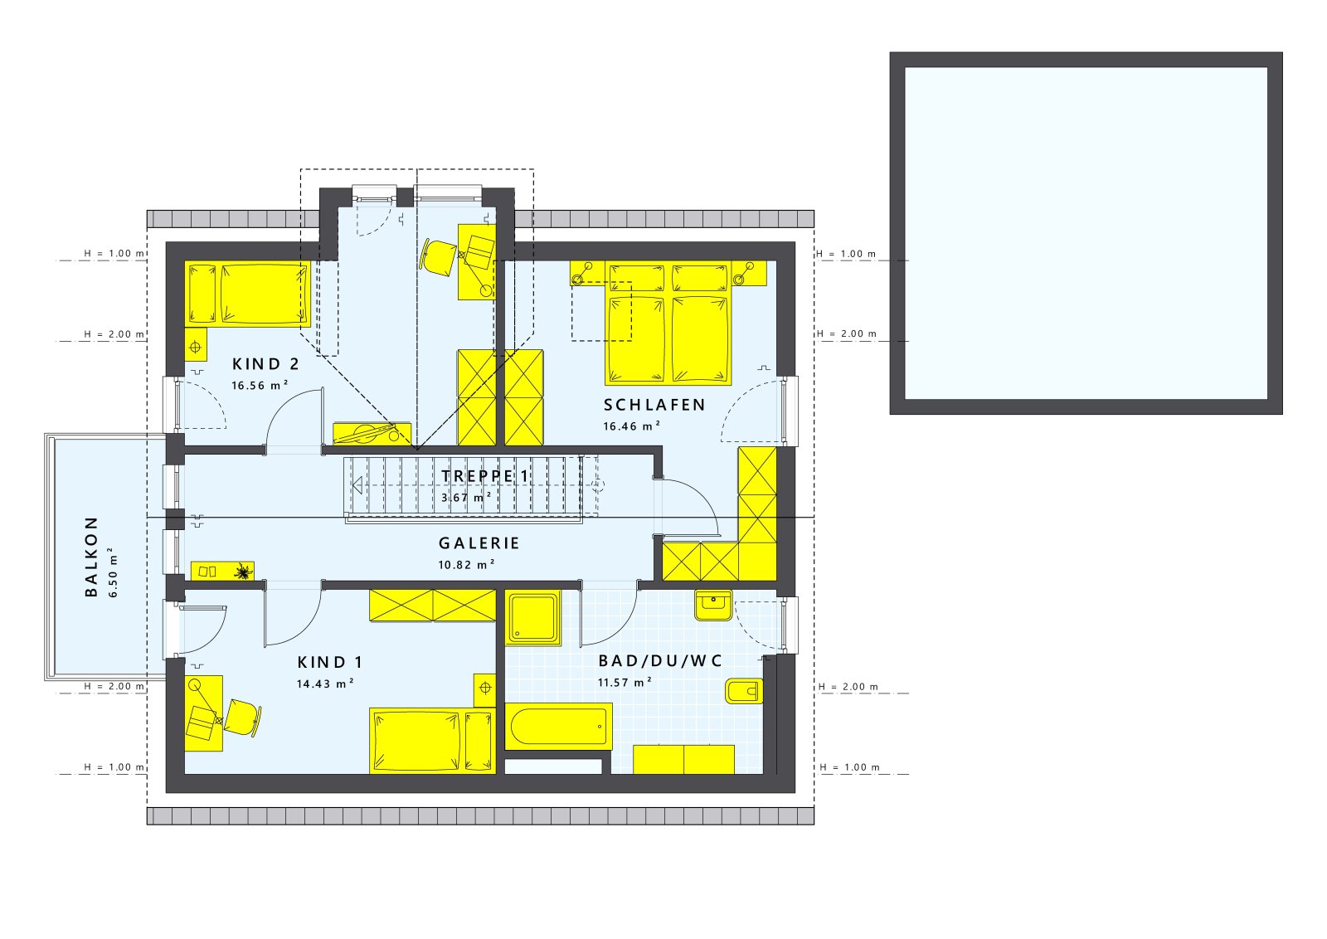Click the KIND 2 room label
tap(265, 364)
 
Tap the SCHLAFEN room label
tap(654, 405)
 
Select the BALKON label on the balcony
tap(91, 556)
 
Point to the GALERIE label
tap(479, 543)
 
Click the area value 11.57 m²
tap(624, 683)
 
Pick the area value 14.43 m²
tap(325, 684)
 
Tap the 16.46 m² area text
tap(631, 426)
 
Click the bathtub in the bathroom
tap(558, 726)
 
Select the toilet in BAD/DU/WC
tap(743, 691)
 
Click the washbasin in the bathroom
tap(713, 606)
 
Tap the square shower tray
tap(533, 618)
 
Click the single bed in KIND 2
tap(249, 294)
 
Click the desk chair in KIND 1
tap(242, 717)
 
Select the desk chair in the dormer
tap(439, 255)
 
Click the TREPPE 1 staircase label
tap(485, 476)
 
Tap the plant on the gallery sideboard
tap(243, 572)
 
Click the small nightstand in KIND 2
tap(196, 343)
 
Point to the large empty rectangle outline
tap(1086, 233)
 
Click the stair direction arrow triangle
tap(357, 485)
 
